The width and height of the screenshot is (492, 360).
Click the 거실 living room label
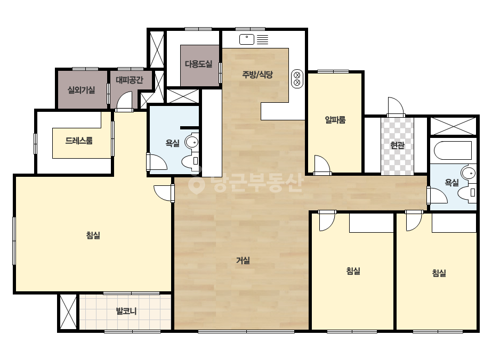coord(243,260)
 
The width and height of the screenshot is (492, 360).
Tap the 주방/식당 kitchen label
coord(257,75)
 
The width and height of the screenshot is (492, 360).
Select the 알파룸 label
coord(335,119)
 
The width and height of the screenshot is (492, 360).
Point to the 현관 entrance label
coord(397,145)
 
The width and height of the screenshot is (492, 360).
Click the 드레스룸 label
coord(79,141)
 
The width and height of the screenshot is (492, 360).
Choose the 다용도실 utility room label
coord(198,64)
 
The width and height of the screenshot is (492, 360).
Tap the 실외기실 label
coord(81,91)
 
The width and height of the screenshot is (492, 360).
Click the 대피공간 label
coord(130,80)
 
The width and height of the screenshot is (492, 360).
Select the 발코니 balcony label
coord(126,312)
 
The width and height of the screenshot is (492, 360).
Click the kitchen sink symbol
coord(247,39)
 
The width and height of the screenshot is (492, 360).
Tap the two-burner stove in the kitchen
coord(297,79)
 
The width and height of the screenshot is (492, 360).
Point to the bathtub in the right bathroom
coord(453,151)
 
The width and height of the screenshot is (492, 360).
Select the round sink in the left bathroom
coord(191,142)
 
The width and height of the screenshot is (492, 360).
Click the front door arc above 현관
coord(396,107)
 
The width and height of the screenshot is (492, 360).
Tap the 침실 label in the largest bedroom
coord(93,235)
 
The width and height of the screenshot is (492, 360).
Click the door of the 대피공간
coord(124,100)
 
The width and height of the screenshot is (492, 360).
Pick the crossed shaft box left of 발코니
coord(68,312)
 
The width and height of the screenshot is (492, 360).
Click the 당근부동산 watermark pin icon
coord(196,184)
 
